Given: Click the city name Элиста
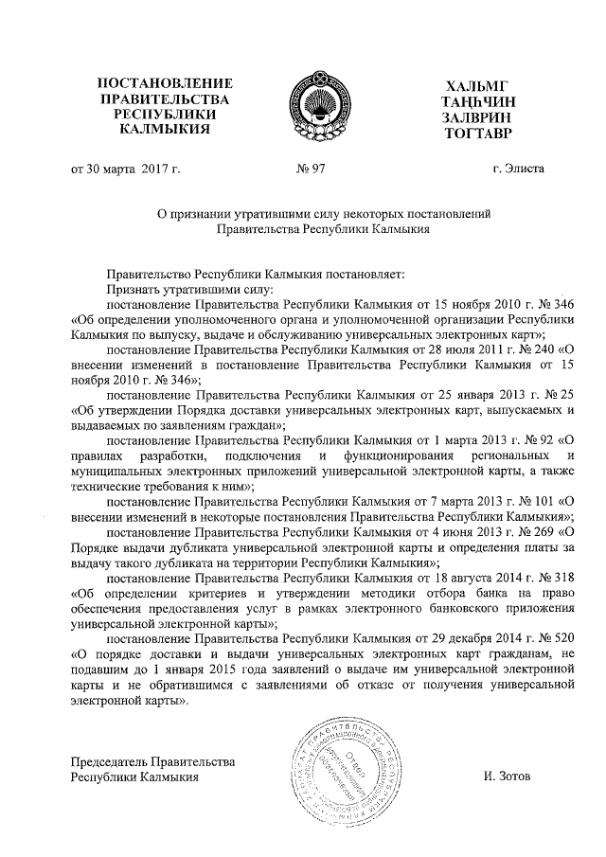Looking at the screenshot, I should coord(518,170).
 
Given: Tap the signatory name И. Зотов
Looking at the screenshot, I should coord(507,777).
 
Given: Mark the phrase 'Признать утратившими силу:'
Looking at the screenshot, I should coord(189,289).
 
